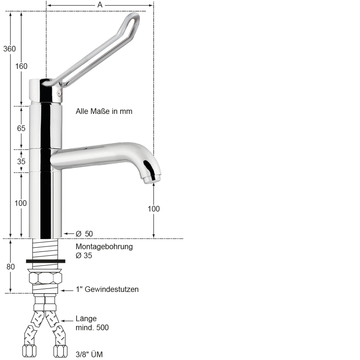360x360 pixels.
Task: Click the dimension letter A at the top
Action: click(100, 5)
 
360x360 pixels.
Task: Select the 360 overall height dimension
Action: click(9, 49)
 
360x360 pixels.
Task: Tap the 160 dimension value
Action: click(21, 66)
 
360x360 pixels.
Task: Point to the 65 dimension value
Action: click(21, 128)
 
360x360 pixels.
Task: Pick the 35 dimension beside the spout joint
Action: click(21, 161)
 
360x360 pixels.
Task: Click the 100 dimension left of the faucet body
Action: click(21, 203)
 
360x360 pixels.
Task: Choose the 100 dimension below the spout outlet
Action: click(154, 209)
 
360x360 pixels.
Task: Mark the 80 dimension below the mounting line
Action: click(10, 266)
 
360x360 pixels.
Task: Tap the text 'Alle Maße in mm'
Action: click(104, 111)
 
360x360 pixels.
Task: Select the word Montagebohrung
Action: click(104, 247)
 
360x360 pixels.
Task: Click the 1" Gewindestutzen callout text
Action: click(107, 289)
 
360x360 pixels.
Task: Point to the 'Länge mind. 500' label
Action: click(92, 323)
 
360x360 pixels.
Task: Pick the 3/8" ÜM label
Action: click(89, 354)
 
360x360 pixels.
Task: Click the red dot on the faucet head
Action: click(59, 94)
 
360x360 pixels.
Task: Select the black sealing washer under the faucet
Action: click(46, 261)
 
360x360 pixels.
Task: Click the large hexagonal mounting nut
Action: click(45, 277)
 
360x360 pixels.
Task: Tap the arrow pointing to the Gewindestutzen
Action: click(67, 290)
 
